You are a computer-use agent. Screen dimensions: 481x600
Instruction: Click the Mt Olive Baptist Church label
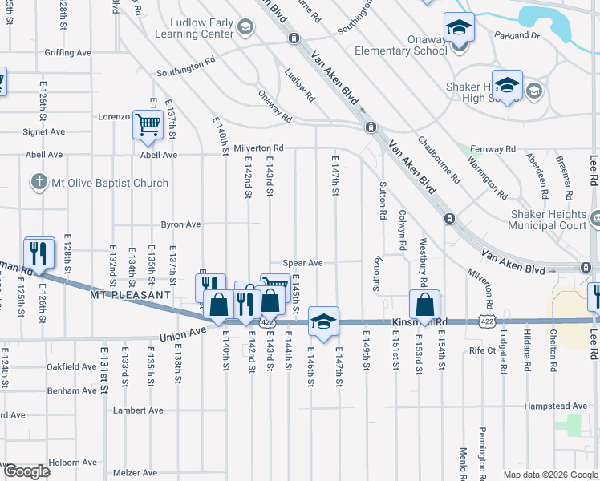point(110,183)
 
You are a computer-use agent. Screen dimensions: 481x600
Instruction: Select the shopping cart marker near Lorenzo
point(148,126)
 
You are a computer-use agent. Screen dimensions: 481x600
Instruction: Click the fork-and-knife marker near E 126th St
point(39,254)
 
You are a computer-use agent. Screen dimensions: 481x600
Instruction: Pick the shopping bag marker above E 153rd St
point(424,305)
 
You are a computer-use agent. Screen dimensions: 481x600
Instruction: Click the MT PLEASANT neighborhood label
point(130,295)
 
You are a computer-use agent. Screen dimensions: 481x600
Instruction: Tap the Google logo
point(26,471)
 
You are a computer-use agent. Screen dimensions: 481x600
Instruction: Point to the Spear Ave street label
point(302,263)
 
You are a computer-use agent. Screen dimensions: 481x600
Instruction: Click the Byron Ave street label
point(180,224)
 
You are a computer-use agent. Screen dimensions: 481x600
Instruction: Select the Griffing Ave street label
point(68,53)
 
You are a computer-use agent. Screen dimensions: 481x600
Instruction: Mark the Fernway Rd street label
point(493,149)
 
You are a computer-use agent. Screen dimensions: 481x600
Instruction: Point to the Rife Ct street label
point(483,350)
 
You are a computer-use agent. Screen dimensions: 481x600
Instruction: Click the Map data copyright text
point(549,474)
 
